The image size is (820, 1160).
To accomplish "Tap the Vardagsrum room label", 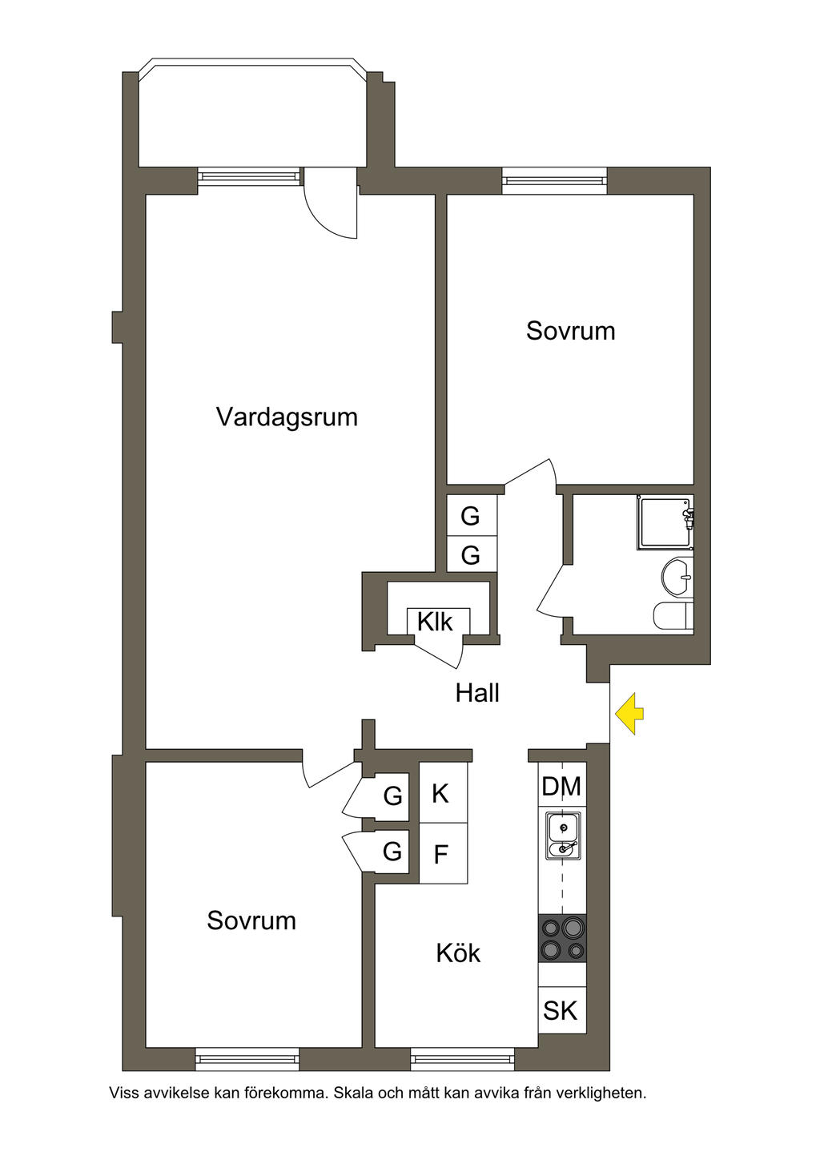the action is point(287,417).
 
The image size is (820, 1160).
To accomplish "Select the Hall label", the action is point(477,693).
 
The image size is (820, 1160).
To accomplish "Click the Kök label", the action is point(458,953).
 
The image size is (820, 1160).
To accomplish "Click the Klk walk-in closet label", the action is point(436,622).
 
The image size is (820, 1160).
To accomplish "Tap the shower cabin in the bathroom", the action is point(665,524).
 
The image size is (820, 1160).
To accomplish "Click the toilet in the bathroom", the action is point(673,616).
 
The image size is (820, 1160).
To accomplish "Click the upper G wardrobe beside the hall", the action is point(471,516).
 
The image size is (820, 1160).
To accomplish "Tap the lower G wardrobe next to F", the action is point(392,851).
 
